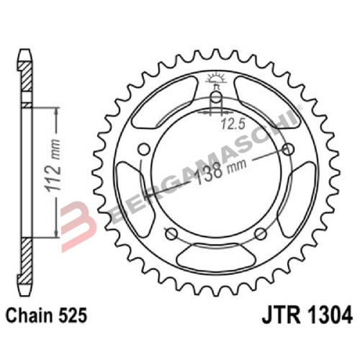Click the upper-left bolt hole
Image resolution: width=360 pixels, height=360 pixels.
pos(142,149)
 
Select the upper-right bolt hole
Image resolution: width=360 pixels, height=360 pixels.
pos(289,149)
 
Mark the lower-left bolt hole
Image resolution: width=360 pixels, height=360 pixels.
pos(170,234)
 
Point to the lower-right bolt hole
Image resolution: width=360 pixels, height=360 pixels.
pos(261,234)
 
